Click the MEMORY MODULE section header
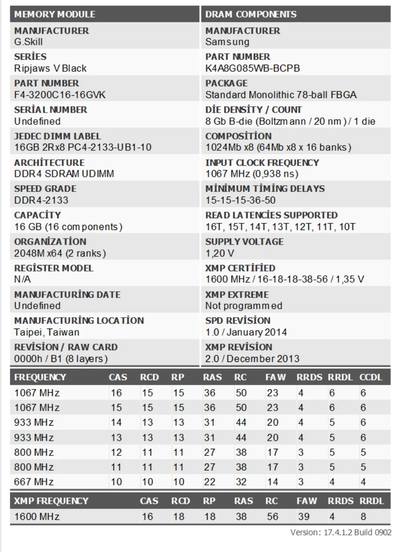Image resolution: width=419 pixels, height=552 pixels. tap(55, 14)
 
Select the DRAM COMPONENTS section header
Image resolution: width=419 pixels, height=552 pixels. tap(251, 14)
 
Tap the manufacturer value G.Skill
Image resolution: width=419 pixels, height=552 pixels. tap(29, 42)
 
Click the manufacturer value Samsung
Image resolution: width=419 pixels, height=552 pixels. tap(227, 42)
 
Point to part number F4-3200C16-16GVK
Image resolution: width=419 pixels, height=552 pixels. tap(60, 95)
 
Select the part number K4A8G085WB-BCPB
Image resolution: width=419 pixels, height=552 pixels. tap(253, 68)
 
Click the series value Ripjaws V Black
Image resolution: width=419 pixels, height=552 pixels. tap(50, 68)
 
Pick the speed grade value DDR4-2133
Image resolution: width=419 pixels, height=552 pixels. tap(41, 200)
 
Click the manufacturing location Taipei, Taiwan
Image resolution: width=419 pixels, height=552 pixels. tap(47, 332)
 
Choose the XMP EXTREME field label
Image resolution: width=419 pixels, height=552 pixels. tap(237, 295)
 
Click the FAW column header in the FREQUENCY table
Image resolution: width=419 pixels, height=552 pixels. tap(274, 378)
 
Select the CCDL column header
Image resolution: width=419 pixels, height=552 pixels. tap(371, 378)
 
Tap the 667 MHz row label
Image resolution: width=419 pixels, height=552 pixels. tap(34, 482)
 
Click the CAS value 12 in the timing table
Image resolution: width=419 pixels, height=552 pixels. tap(116, 453)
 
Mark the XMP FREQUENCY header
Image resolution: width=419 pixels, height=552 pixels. tap(51, 501)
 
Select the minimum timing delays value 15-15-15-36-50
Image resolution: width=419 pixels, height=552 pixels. tap(241, 200)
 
